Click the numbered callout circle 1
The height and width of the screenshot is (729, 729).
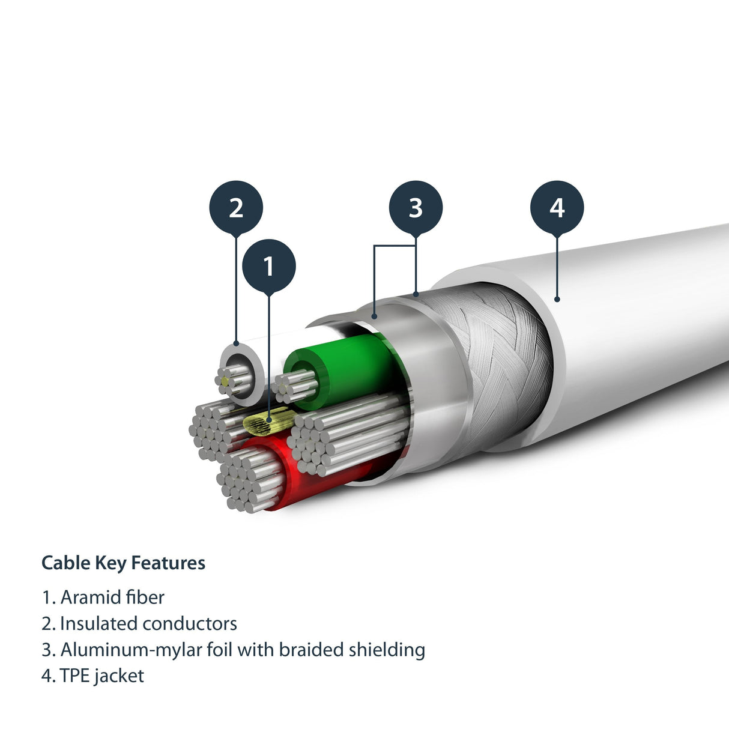268,266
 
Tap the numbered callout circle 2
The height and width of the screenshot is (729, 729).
236,208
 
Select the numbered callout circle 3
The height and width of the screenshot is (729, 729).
416,208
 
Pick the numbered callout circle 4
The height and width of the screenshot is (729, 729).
557,208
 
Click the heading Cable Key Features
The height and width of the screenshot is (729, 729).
123,563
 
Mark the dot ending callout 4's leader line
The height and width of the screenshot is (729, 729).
557,298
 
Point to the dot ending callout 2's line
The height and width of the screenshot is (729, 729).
236,344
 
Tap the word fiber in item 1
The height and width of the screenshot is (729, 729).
145,597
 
